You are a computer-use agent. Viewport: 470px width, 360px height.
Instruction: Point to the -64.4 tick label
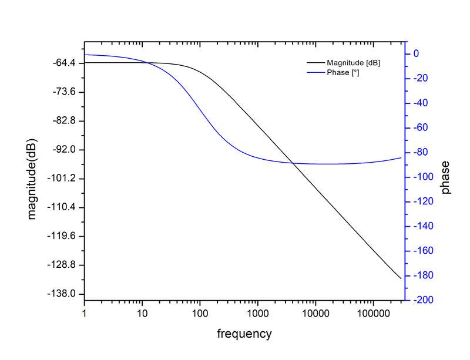click(x=66, y=63)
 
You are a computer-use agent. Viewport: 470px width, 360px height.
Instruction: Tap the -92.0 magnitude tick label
click(x=66, y=150)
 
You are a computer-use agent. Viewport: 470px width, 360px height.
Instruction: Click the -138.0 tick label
click(x=65, y=294)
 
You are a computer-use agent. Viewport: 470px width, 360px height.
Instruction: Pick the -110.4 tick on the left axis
click(x=65, y=207)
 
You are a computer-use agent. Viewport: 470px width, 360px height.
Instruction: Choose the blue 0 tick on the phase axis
click(x=416, y=53)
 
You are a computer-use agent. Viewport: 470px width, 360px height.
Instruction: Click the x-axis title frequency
click(x=244, y=334)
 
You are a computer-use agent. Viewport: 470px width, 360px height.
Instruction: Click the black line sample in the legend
click(x=315, y=63)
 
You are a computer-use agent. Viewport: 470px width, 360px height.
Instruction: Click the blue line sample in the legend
click(x=315, y=72)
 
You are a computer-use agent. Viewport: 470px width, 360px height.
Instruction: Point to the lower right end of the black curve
click(x=401, y=278)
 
